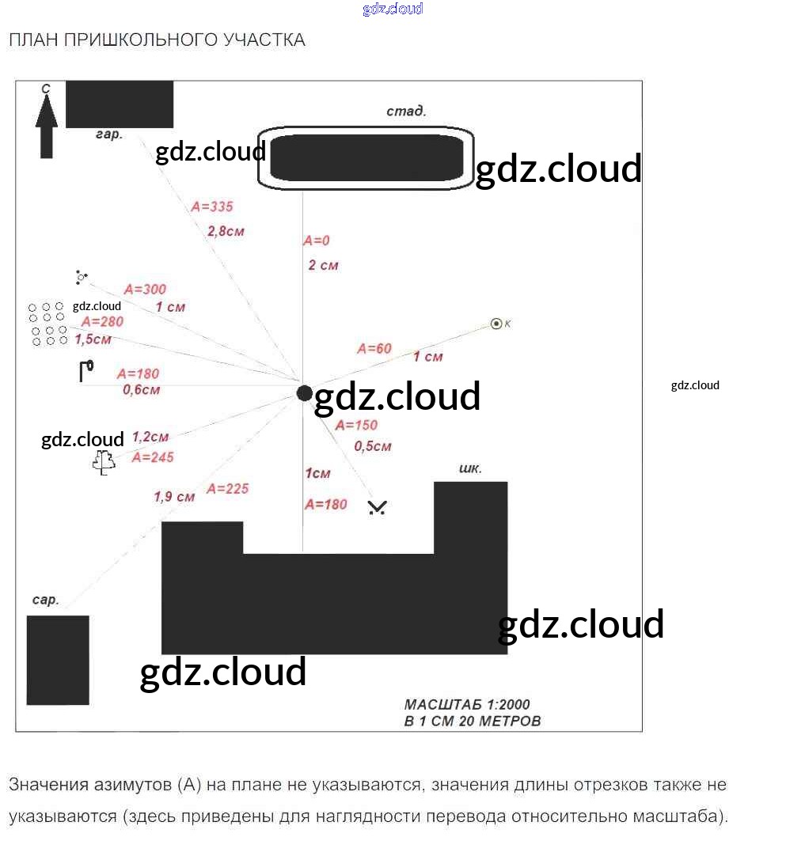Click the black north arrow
(46, 131)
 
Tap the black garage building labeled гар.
(119, 104)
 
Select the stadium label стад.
(406, 112)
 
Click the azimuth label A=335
(212, 206)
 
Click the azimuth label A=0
(316, 241)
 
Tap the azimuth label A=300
(145, 290)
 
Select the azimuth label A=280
(101, 322)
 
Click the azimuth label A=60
(374, 348)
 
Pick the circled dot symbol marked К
(496, 323)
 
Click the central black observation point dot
(304, 393)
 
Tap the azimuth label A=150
(356, 425)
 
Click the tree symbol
(103, 462)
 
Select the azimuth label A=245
(153, 457)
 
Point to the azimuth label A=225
(227, 489)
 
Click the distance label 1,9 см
(174, 497)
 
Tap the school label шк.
(470, 468)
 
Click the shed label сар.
(46, 600)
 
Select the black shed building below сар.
(58, 660)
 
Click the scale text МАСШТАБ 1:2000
(467, 704)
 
